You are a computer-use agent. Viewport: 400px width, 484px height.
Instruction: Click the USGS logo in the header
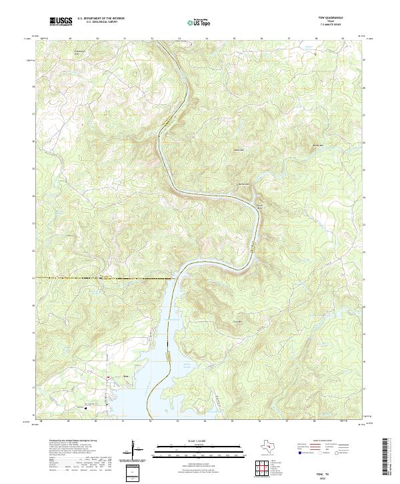pyautogui.click(x=61, y=21)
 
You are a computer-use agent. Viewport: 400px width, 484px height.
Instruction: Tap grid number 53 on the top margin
pyautogui.click(x=179, y=39)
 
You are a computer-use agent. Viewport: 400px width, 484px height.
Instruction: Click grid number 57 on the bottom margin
pyautogui.click(x=288, y=421)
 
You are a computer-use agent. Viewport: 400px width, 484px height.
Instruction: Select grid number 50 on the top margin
pyautogui.click(x=97, y=39)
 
